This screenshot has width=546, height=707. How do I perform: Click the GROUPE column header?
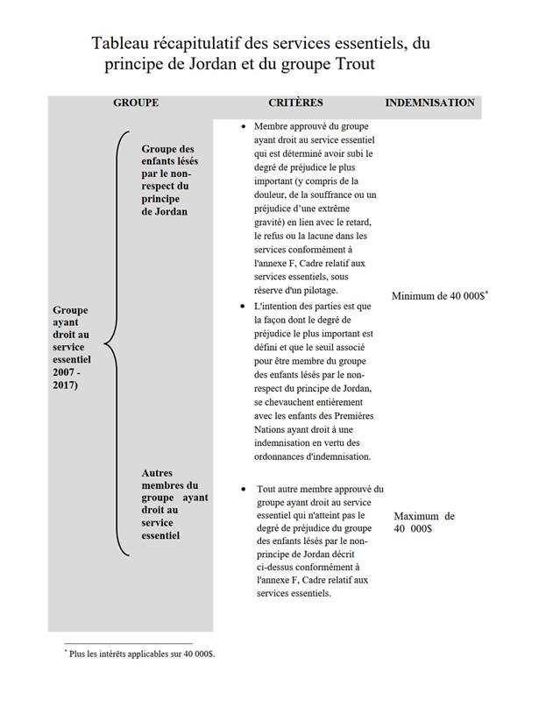136,103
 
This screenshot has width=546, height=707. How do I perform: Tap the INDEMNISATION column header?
429,103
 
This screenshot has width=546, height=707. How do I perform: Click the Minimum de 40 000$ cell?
439,296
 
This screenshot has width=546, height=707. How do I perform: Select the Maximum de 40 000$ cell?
423,522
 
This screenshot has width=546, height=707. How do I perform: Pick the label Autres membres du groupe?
174,504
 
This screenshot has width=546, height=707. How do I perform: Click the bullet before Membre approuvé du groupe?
242,126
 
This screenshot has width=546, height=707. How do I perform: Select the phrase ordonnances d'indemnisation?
308,456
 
